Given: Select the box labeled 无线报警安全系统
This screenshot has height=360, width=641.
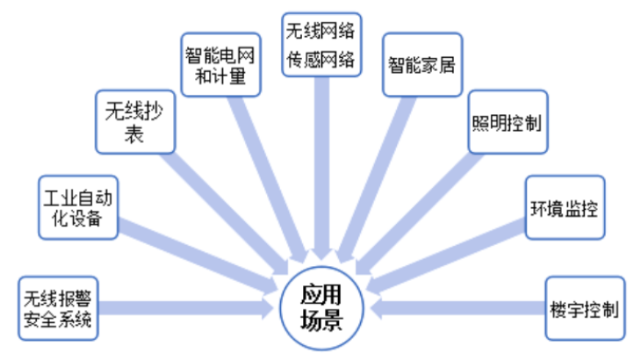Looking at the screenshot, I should [58, 307].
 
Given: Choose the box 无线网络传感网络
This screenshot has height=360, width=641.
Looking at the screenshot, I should [321, 44].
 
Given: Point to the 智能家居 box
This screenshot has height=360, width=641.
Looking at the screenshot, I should [421, 64].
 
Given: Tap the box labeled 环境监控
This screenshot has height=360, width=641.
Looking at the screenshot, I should [566, 207].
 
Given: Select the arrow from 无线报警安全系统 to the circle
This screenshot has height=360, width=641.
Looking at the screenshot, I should [184, 308].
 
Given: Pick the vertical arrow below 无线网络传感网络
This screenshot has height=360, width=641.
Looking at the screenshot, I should [321, 167].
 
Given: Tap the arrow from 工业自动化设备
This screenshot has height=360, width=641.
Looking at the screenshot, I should [193, 250].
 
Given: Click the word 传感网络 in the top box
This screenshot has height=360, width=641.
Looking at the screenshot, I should [321, 60].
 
